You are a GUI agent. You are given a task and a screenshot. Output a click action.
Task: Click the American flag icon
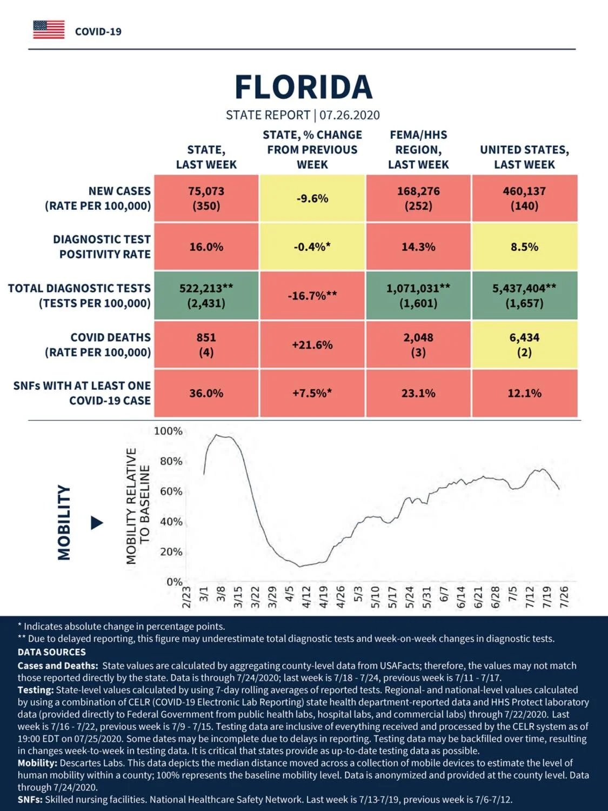pyautogui.click(x=49, y=30)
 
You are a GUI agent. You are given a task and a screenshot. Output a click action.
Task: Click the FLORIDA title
pyautogui.click(x=303, y=87)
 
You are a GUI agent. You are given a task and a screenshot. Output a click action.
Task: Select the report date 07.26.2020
pyautogui.click(x=349, y=115)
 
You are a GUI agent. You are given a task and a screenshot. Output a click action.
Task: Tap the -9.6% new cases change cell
pyautogui.click(x=312, y=198)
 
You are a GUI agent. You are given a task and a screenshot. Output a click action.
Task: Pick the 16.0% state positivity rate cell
pyautogui.click(x=206, y=247)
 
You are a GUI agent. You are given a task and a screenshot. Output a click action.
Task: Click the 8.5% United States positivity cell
pyautogui.click(x=525, y=247)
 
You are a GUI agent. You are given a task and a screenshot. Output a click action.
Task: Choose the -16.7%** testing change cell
pyautogui.click(x=312, y=295)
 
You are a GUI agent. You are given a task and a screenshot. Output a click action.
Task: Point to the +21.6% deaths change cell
pyautogui.click(x=312, y=345)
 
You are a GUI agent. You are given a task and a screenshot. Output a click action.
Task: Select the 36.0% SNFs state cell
pyautogui.click(x=206, y=393)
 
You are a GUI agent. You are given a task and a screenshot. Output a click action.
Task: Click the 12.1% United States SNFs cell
pyautogui.click(x=525, y=393)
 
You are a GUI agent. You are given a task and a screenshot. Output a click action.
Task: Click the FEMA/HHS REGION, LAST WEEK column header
pyautogui.click(x=418, y=150)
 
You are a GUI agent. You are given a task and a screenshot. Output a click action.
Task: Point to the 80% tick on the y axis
pyautogui.click(x=171, y=461)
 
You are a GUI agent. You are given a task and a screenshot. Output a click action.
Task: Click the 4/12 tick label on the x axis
pyautogui.click(x=306, y=597)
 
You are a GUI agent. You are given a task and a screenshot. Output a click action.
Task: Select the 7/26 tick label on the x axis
pyautogui.click(x=564, y=597)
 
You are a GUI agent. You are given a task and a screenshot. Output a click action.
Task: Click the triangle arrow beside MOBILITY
pyautogui.click(x=97, y=523)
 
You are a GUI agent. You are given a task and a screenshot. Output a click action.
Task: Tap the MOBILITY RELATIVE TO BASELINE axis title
pyautogui.click(x=138, y=506)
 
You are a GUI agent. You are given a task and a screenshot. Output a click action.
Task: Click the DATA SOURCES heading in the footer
pyautogui.click(x=52, y=652)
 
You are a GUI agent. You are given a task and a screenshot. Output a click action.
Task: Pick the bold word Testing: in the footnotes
pyautogui.click(x=36, y=690)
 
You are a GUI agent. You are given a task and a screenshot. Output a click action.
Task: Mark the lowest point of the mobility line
pyautogui.click(x=300, y=567)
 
